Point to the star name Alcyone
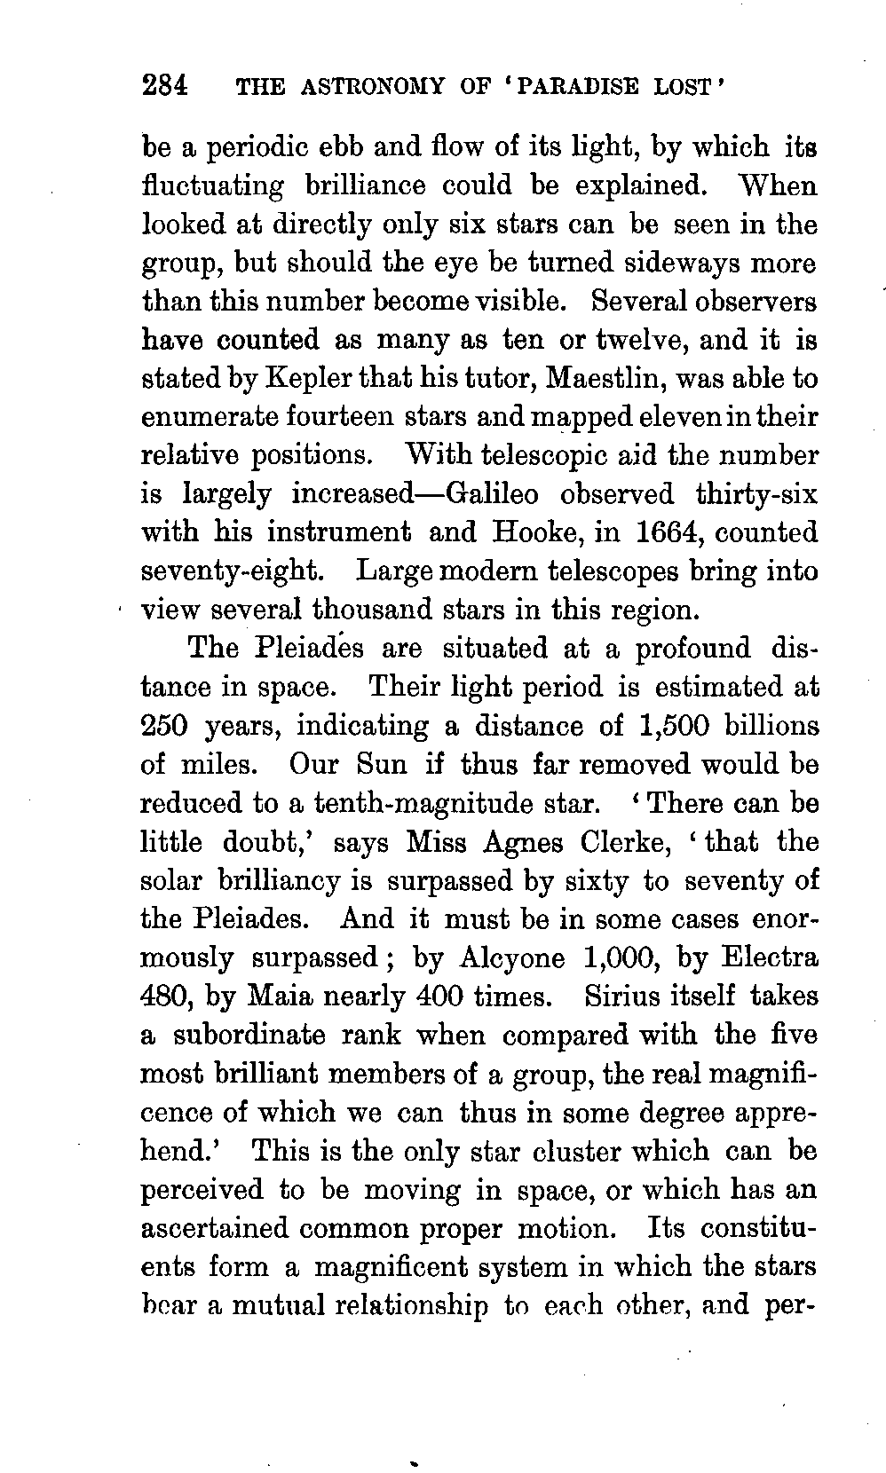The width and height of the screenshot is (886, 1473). click(512, 958)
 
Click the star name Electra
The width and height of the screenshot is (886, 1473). click(770, 958)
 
